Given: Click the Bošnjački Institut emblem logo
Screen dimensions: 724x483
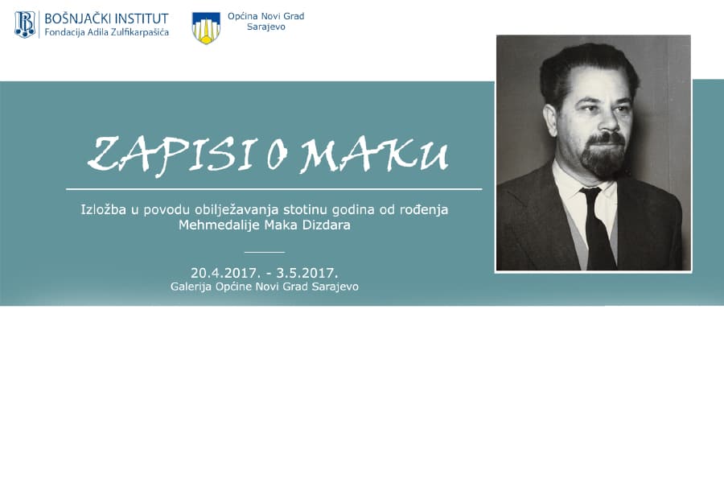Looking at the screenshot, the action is tap(25, 24).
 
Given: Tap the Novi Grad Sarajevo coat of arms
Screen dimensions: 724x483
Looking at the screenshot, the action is tap(206, 27).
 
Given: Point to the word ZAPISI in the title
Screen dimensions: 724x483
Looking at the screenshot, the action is tap(171, 155).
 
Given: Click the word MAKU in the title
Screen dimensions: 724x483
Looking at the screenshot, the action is tap(374, 155).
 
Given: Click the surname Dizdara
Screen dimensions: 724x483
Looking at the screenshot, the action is tap(329, 225).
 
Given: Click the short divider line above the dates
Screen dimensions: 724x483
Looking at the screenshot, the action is tap(265, 252).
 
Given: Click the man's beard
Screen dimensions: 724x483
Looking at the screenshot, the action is tap(603, 155).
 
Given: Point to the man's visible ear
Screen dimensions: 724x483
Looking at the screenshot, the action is tap(550, 120).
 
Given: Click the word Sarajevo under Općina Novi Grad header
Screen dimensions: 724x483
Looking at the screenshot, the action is tap(266, 27).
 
